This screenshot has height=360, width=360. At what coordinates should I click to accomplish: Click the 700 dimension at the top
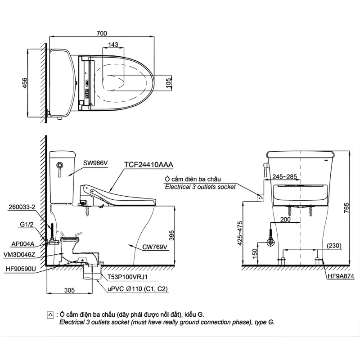coord(102,33)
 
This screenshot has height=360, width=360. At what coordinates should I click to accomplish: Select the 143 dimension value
coord(113,45)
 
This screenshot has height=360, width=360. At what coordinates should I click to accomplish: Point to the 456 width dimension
coord(25,83)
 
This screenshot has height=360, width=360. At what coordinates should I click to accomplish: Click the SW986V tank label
coord(95,163)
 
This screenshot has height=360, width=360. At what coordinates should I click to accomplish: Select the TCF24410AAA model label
coord(148,165)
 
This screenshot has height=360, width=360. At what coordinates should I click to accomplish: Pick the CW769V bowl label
coord(155,247)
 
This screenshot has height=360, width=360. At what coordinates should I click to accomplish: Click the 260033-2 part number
coord(22,207)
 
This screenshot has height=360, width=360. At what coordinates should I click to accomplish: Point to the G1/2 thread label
coord(27,224)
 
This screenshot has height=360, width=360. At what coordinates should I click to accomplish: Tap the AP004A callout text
coord(23,244)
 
